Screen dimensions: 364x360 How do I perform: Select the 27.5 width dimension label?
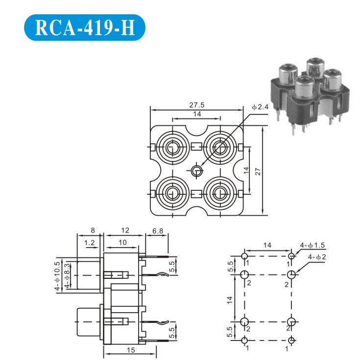(x=196, y=104)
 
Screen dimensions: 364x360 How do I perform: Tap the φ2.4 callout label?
(x=261, y=107)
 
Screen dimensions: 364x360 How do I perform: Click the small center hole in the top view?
(x=197, y=171)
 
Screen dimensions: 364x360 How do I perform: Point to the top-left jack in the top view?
(x=172, y=147)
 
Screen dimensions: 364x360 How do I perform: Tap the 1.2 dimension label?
(x=90, y=243)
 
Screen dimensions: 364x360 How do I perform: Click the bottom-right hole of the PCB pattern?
(x=292, y=341)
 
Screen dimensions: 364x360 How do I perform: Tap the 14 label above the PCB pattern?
(x=267, y=245)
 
